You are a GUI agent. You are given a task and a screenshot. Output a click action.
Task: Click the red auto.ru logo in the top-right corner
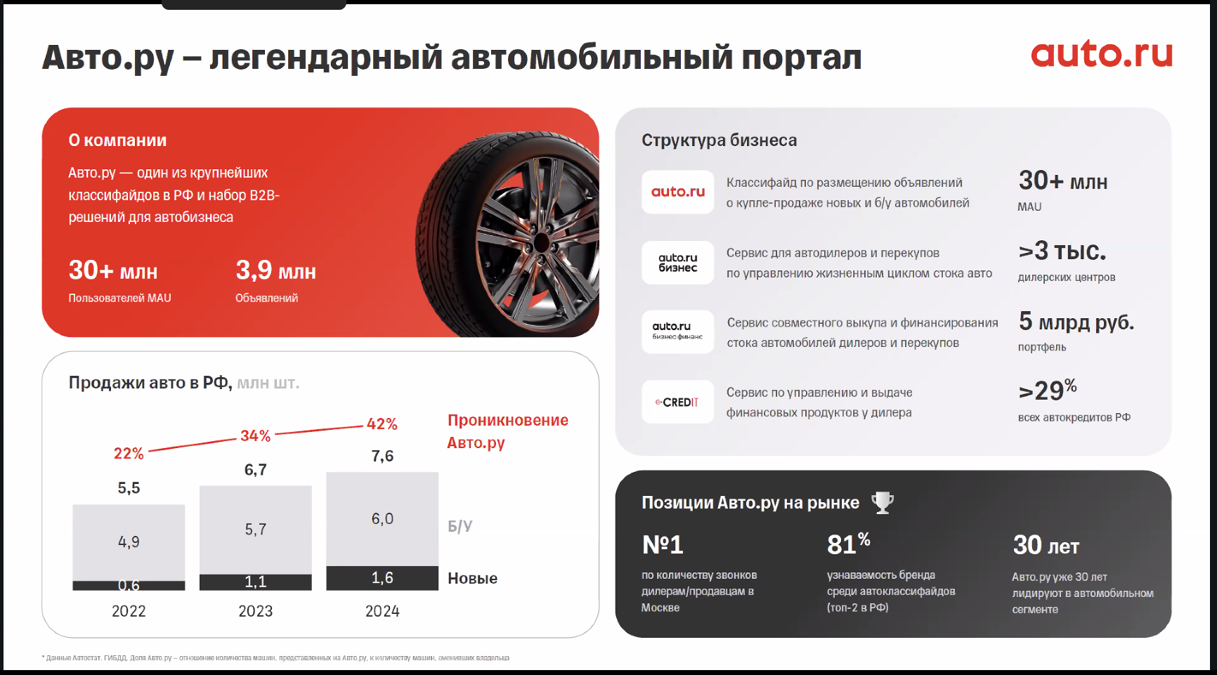click(x=1102, y=53)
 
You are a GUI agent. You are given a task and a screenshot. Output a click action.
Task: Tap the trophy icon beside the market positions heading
click(x=883, y=502)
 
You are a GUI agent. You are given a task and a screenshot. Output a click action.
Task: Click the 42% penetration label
click(x=382, y=424)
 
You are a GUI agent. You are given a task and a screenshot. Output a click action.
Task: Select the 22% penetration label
click(x=129, y=454)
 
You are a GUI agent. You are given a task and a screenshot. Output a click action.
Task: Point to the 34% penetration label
click(x=255, y=436)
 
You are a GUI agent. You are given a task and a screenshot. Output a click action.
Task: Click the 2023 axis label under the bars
click(x=256, y=611)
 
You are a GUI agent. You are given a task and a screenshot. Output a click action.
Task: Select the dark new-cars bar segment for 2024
click(x=382, y=578)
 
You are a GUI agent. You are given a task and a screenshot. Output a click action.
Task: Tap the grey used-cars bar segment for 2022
click(x=129, y=542)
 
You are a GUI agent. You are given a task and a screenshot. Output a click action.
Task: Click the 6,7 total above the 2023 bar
click(x=256, y=470)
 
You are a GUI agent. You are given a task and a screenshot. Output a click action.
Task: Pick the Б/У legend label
click(x=460, y=526)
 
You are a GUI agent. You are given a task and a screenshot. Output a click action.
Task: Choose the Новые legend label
click(x=473, y=578)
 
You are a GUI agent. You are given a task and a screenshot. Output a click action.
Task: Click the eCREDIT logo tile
click(x=677, y=402)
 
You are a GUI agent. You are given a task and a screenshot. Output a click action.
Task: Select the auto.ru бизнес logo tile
click(x=677, y=262)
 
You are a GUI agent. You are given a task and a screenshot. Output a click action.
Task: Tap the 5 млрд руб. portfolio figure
click(x=1076, y=322)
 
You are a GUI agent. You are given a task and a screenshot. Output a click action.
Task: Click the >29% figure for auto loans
click(x=1048, y=390)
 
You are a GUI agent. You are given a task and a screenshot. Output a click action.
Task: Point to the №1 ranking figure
click(x=663, y=545)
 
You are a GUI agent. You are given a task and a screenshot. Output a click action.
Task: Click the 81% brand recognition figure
click(x=849, y=544)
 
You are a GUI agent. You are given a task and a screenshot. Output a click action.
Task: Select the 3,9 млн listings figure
click(x=275, y=270)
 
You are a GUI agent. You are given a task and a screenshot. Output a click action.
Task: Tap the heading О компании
click(x=117, y=140)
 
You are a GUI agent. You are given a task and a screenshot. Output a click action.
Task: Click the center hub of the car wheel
click(x=540, y=242)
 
